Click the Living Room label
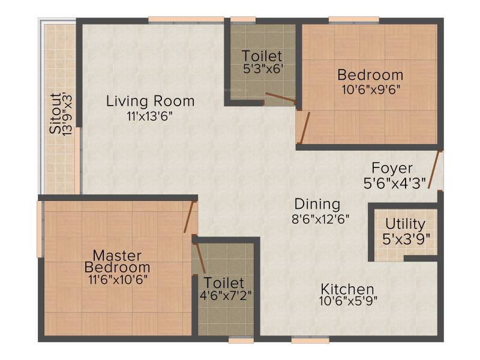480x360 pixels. [150, 101]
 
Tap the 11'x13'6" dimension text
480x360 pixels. [150, 116]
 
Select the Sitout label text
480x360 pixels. [55, 113]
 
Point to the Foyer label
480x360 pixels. [392, 169]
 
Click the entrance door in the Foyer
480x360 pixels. [434, 169]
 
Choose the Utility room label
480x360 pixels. [406, 224]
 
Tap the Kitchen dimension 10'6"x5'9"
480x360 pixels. [349, 301]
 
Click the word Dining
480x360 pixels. [317, 204]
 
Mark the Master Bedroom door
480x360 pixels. [190, 217]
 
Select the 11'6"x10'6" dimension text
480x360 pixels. [118, 280]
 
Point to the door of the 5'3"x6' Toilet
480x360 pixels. [281, 98]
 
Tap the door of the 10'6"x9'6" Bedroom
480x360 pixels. [305, 128]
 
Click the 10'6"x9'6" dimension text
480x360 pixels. [371, 90]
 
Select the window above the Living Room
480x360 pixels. [186, 20]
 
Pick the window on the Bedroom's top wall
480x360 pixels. [354, 20]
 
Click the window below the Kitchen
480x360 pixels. [310, 339]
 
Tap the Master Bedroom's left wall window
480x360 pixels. [40, 229]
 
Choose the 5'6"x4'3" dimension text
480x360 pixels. [395, 184]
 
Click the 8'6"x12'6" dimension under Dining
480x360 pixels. [320, 219]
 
